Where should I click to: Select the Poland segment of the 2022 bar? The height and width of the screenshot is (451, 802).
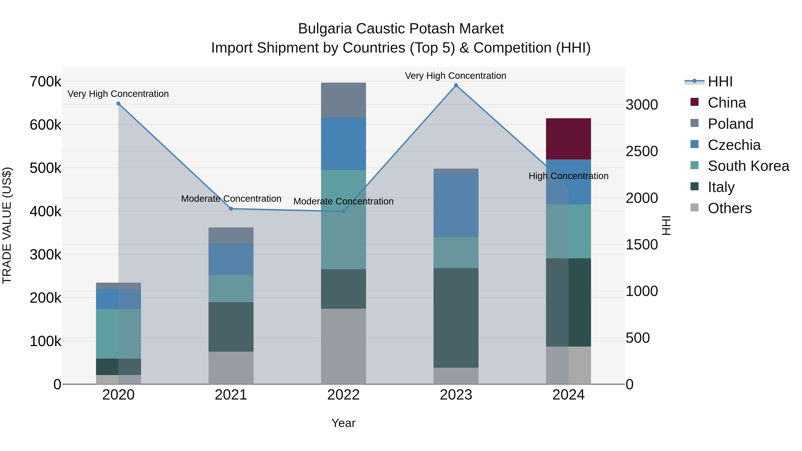point(343,100)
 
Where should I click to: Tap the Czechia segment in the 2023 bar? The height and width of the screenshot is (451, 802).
point(456,205)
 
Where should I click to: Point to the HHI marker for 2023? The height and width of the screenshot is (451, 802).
point(456,85)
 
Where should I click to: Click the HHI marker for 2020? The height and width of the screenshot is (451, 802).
point(118,104)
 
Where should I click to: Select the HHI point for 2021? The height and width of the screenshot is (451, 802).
point(231,209)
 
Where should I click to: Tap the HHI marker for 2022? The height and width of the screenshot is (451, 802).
point(343,211)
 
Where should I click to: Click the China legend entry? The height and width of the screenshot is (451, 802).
point(727,103)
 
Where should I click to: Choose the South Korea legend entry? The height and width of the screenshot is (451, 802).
point(748,166)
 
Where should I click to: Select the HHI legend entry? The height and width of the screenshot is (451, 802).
point(720,82)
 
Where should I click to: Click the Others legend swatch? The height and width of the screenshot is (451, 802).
point(694,208)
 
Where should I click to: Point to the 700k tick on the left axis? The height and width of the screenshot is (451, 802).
point(45,82)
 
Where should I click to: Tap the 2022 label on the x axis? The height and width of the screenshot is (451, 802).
point(343,395)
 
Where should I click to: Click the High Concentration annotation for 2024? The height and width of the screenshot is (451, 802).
point(568,176)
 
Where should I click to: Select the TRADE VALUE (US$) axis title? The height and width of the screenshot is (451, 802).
point(7,225)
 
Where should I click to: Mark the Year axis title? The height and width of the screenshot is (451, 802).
point(343,423)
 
